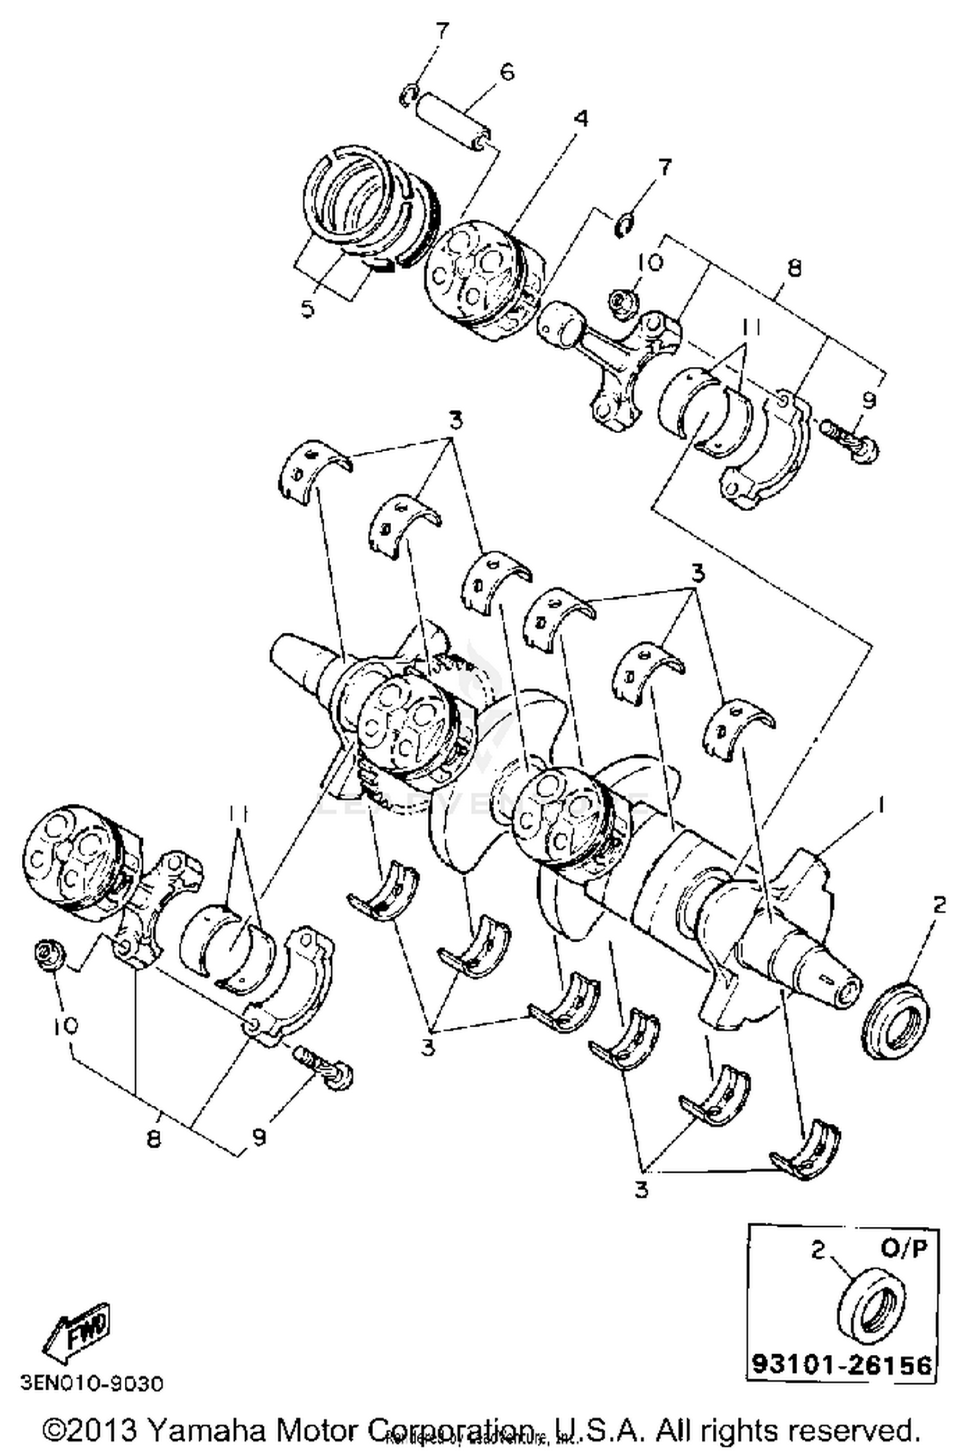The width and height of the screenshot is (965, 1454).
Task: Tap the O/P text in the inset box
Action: coord(904,1249)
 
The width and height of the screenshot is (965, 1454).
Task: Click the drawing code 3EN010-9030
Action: coord(92,1383)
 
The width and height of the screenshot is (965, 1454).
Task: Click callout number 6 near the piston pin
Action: coord(507,72)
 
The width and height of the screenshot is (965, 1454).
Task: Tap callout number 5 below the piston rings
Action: coord(308,309)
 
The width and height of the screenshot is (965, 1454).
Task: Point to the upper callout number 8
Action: coord(794,268)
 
